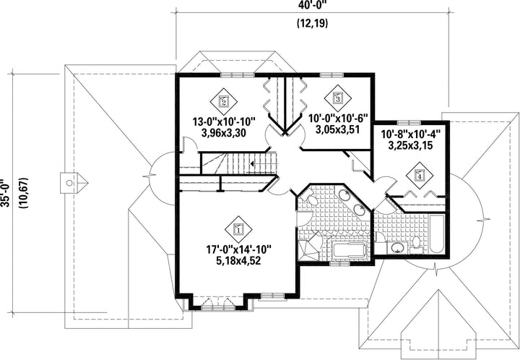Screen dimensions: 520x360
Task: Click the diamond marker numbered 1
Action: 238,229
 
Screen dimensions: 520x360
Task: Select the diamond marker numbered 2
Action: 223,101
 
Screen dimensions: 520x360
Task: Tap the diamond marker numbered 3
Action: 337,98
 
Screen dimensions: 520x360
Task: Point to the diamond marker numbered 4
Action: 420,176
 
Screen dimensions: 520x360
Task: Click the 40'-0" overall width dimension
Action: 312,6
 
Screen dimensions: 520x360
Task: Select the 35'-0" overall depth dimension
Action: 6,194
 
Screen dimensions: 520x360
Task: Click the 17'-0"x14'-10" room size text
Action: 239,249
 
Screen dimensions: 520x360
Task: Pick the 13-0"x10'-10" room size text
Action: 224,121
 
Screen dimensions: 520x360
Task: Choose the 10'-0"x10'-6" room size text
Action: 339,118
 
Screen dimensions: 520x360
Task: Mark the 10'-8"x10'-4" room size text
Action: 410,134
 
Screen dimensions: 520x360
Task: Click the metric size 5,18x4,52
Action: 238,261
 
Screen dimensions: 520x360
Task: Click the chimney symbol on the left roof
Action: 74,182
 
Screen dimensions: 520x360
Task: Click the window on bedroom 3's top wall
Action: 331,74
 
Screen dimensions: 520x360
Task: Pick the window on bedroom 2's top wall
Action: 238,75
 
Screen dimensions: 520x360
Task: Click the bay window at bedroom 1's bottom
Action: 219,304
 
